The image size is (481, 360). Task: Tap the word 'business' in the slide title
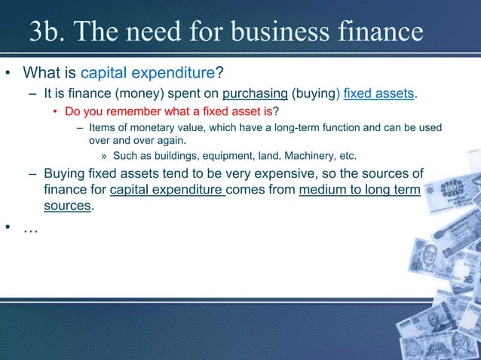click(x=279, y=32)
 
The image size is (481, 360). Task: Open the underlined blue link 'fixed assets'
click(x=378, y=93)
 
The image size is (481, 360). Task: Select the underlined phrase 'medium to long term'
click(x=360, y=191)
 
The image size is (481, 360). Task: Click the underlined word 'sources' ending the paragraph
click(x=67, y=206)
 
